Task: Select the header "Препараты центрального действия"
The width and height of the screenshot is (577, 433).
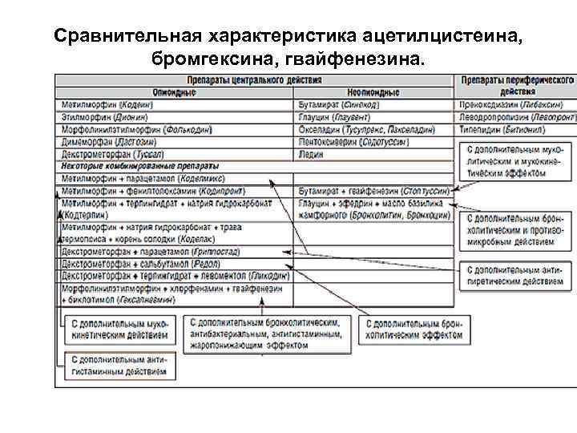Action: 255,81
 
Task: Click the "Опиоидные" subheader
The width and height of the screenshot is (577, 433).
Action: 176,93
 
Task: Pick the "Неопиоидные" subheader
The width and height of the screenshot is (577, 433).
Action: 373,93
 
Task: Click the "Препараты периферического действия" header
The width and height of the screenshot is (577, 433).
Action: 516,87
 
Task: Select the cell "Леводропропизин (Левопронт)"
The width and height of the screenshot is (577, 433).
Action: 517,117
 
